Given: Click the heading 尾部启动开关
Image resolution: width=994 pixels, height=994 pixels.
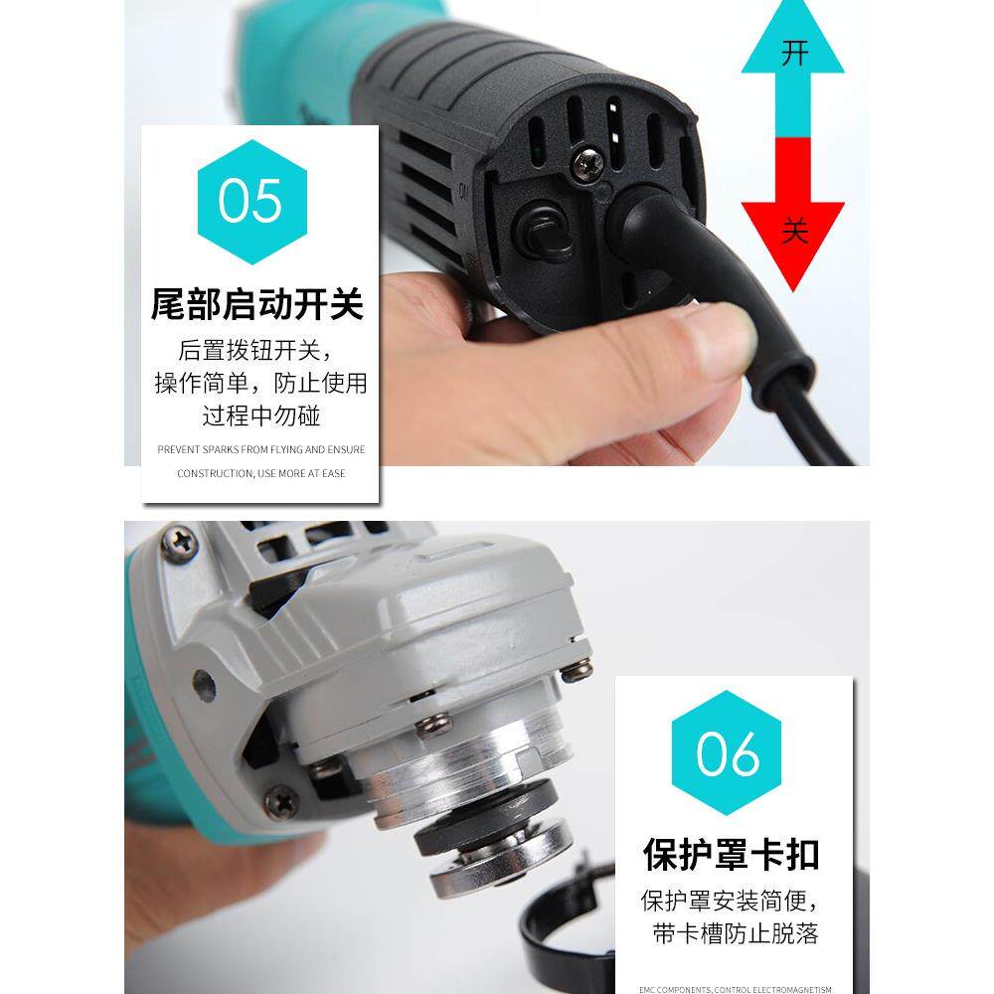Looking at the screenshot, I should click(257, 304).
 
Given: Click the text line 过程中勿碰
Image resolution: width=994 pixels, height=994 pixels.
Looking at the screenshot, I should click(260, 414).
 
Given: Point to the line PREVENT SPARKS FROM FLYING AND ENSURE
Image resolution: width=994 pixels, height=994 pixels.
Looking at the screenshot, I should click(260, 449).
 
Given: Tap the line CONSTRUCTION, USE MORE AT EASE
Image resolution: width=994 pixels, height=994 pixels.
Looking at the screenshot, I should click(260, 473).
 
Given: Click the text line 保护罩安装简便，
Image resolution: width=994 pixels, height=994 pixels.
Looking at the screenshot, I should click(731, 902).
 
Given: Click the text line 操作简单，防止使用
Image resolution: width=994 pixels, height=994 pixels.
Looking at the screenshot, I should click(260, 383).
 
